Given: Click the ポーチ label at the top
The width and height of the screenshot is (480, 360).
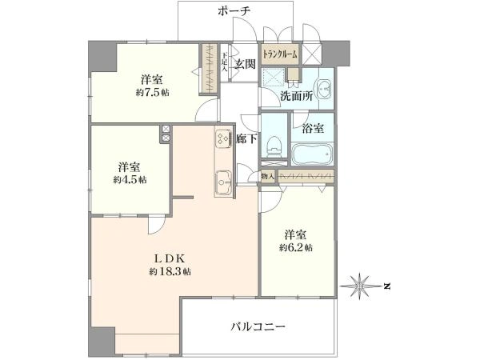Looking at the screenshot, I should click(234, 11).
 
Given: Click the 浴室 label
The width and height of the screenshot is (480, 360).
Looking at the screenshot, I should click(312, 127).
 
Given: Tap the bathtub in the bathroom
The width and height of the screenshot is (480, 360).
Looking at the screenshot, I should click(313, 154).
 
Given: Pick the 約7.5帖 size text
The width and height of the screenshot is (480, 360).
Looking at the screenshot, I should click(153, 93).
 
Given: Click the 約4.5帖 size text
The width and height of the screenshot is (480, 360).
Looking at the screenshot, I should click(130, 180).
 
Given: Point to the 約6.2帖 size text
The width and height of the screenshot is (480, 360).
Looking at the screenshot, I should click(297, 248).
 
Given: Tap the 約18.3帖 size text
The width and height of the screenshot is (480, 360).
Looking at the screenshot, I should click(170, 273).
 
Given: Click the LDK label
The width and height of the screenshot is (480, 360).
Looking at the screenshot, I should click(170, 258).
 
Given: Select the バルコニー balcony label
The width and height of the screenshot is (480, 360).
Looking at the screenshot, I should click(258, 326).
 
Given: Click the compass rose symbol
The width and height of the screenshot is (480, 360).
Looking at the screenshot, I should click(360, 285).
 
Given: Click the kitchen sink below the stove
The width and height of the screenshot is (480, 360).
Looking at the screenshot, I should click(222, 182).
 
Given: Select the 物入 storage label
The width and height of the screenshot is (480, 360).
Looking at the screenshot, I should click(268, 176).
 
